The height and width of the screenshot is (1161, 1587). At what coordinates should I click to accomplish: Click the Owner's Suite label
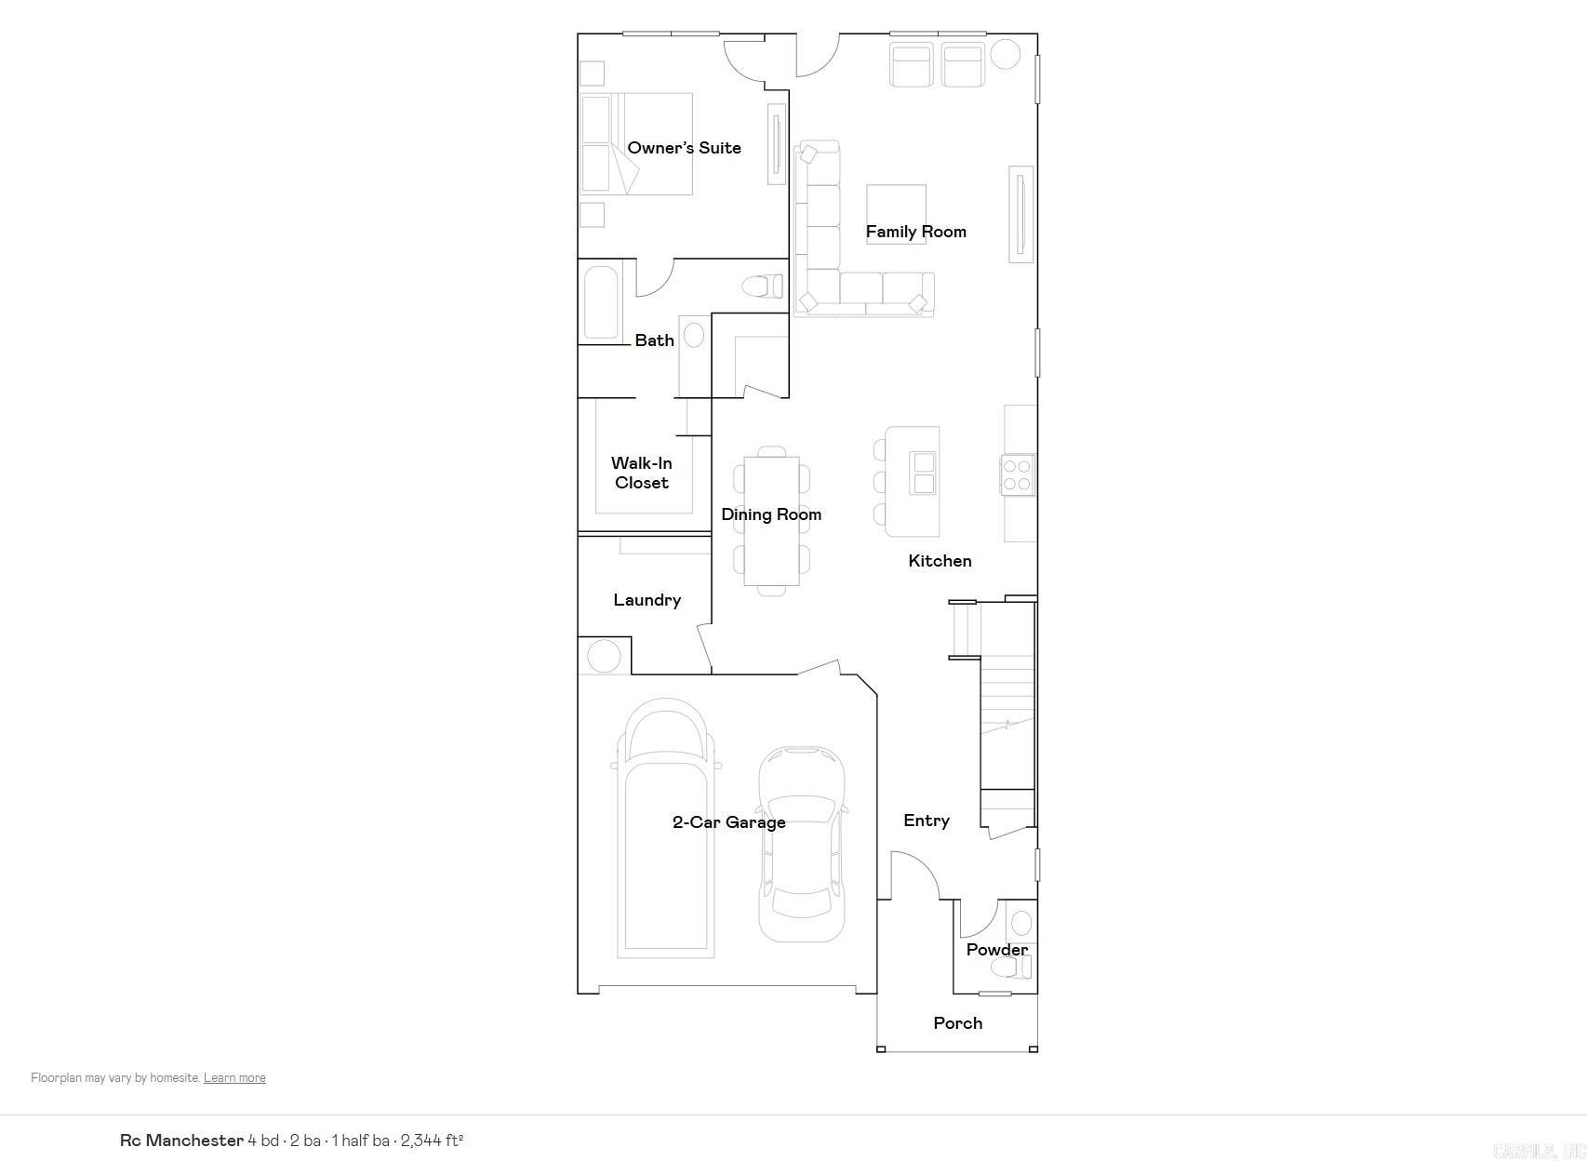coord(684,148)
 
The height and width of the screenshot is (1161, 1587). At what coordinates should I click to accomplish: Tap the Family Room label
coord(915,232)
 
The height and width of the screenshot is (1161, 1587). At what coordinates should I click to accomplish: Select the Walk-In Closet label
coord(642,473)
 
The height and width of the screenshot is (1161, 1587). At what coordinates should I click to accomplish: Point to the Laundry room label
coord(647,600)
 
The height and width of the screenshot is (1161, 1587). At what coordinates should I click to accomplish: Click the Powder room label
coord(996,950)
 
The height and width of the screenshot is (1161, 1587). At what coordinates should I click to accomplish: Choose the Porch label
coord(957,1023)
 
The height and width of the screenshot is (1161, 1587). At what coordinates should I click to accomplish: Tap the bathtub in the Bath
coord(601,302)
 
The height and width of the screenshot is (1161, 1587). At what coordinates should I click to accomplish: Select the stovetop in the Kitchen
coord(1018,474)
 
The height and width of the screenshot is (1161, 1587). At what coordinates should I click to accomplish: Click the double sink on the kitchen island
coord(923,474)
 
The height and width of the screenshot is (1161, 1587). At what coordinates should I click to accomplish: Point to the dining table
coord(771,521)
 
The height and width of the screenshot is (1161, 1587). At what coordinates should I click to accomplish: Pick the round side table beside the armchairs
coord(1005,54)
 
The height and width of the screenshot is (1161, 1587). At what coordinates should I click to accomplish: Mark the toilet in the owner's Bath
coord(764,286)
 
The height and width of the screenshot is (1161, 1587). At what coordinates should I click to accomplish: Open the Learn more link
coord(234,1078)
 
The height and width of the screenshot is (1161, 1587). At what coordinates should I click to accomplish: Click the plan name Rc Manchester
coord(181,1141)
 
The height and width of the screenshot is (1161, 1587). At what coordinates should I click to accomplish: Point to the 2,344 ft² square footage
coord(432,1141)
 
